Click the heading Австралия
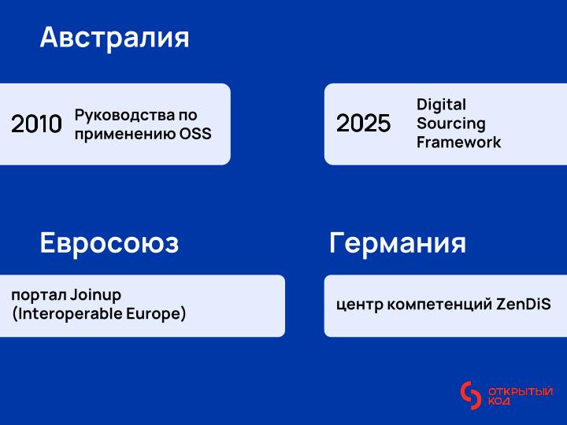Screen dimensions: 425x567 (x=114, y=38)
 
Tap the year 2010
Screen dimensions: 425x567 (x=36, y=124)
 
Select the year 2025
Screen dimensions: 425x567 (x=363, y=124)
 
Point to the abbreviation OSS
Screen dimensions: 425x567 (x=196, y=134)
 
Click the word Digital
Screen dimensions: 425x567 (x=441, y=105)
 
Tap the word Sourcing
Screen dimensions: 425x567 (x=450, y=124)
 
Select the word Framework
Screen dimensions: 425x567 (x=458, y=142)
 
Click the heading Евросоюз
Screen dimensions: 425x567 (x=109, y=243)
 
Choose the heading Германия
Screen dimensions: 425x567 (x=397, y=243)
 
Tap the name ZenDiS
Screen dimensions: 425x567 (x=524, y=304)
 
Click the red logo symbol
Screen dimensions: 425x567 (x=470, y=396)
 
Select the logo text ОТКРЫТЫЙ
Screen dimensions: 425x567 (x=521, y=391)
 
